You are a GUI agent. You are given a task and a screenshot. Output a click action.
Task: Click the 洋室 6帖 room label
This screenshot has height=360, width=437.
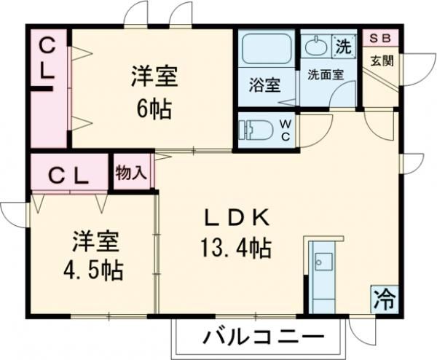coord(154,92)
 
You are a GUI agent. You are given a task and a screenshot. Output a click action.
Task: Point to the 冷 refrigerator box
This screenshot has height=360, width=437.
coord(384,297)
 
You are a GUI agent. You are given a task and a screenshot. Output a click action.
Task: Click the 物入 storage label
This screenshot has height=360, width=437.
coord(131,173)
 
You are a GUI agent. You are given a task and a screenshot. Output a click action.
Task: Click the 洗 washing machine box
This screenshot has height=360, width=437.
coord(342,45)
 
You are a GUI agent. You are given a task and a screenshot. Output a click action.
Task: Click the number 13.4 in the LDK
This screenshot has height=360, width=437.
coord(224,250)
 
